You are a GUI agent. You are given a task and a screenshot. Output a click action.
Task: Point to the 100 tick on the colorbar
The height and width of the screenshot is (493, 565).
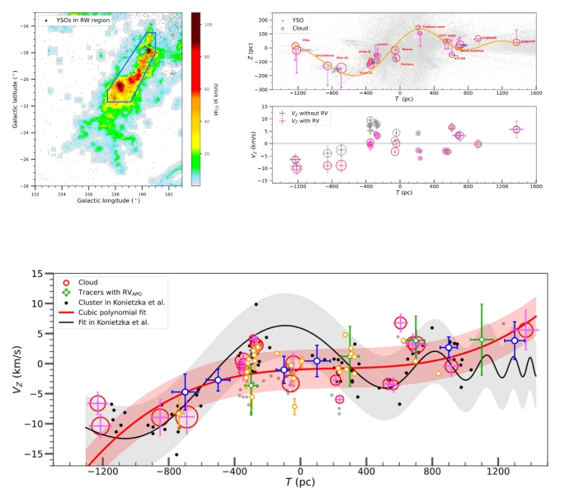click(206, 26)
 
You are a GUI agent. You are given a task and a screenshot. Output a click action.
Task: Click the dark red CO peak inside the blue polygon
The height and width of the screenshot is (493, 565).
click(120, 85)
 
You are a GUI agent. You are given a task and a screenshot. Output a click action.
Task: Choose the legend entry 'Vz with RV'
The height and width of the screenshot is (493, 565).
click(303, 121)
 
